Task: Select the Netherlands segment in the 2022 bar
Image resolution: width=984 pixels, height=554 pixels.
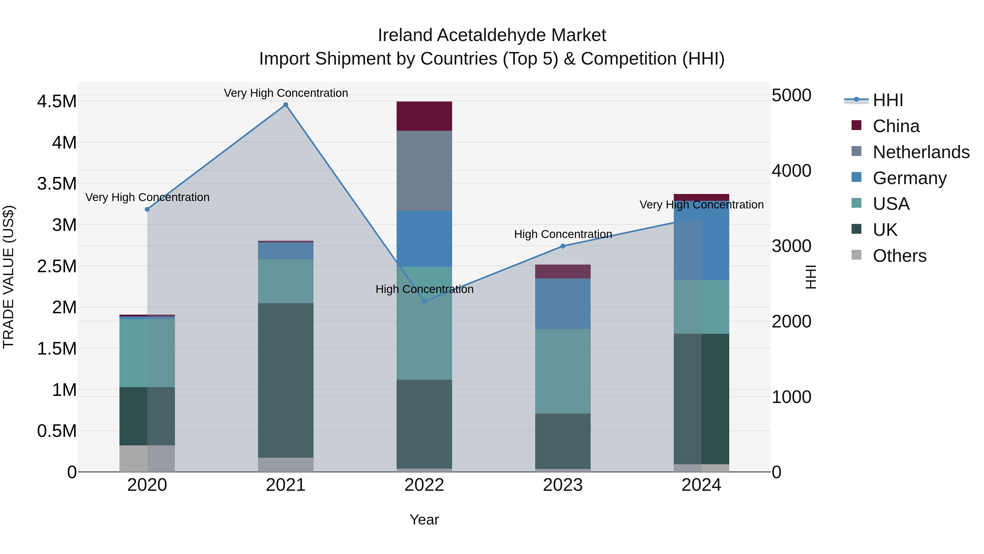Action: point(424,170)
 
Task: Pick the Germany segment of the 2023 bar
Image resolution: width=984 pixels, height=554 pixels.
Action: point(563,304)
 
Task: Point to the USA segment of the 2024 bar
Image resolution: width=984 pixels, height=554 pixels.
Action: point(701,307)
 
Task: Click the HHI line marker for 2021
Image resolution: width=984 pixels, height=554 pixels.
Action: point(286,105)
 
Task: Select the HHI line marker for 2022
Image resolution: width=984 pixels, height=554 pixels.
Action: point(424,301)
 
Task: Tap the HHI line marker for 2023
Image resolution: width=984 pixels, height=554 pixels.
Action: point(563,246)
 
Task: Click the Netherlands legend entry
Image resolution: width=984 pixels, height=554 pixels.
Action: point(921,152)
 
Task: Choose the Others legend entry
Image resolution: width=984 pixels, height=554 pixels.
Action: point(899,256)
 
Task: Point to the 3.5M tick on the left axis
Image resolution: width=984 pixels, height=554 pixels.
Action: point(57,184)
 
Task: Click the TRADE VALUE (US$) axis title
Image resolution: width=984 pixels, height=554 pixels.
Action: point(8,277)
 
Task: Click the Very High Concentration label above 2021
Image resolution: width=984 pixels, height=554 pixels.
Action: point(286,93)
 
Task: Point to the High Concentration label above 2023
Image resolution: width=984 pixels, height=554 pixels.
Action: point(563,234)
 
